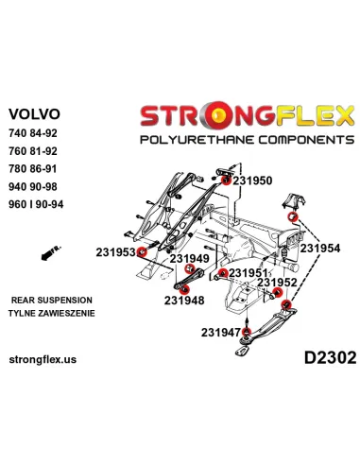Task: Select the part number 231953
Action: (x=115, y=251)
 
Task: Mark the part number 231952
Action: (x=278, y=282)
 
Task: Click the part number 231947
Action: (x=220, y=332)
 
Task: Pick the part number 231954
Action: (x=320, y=247)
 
